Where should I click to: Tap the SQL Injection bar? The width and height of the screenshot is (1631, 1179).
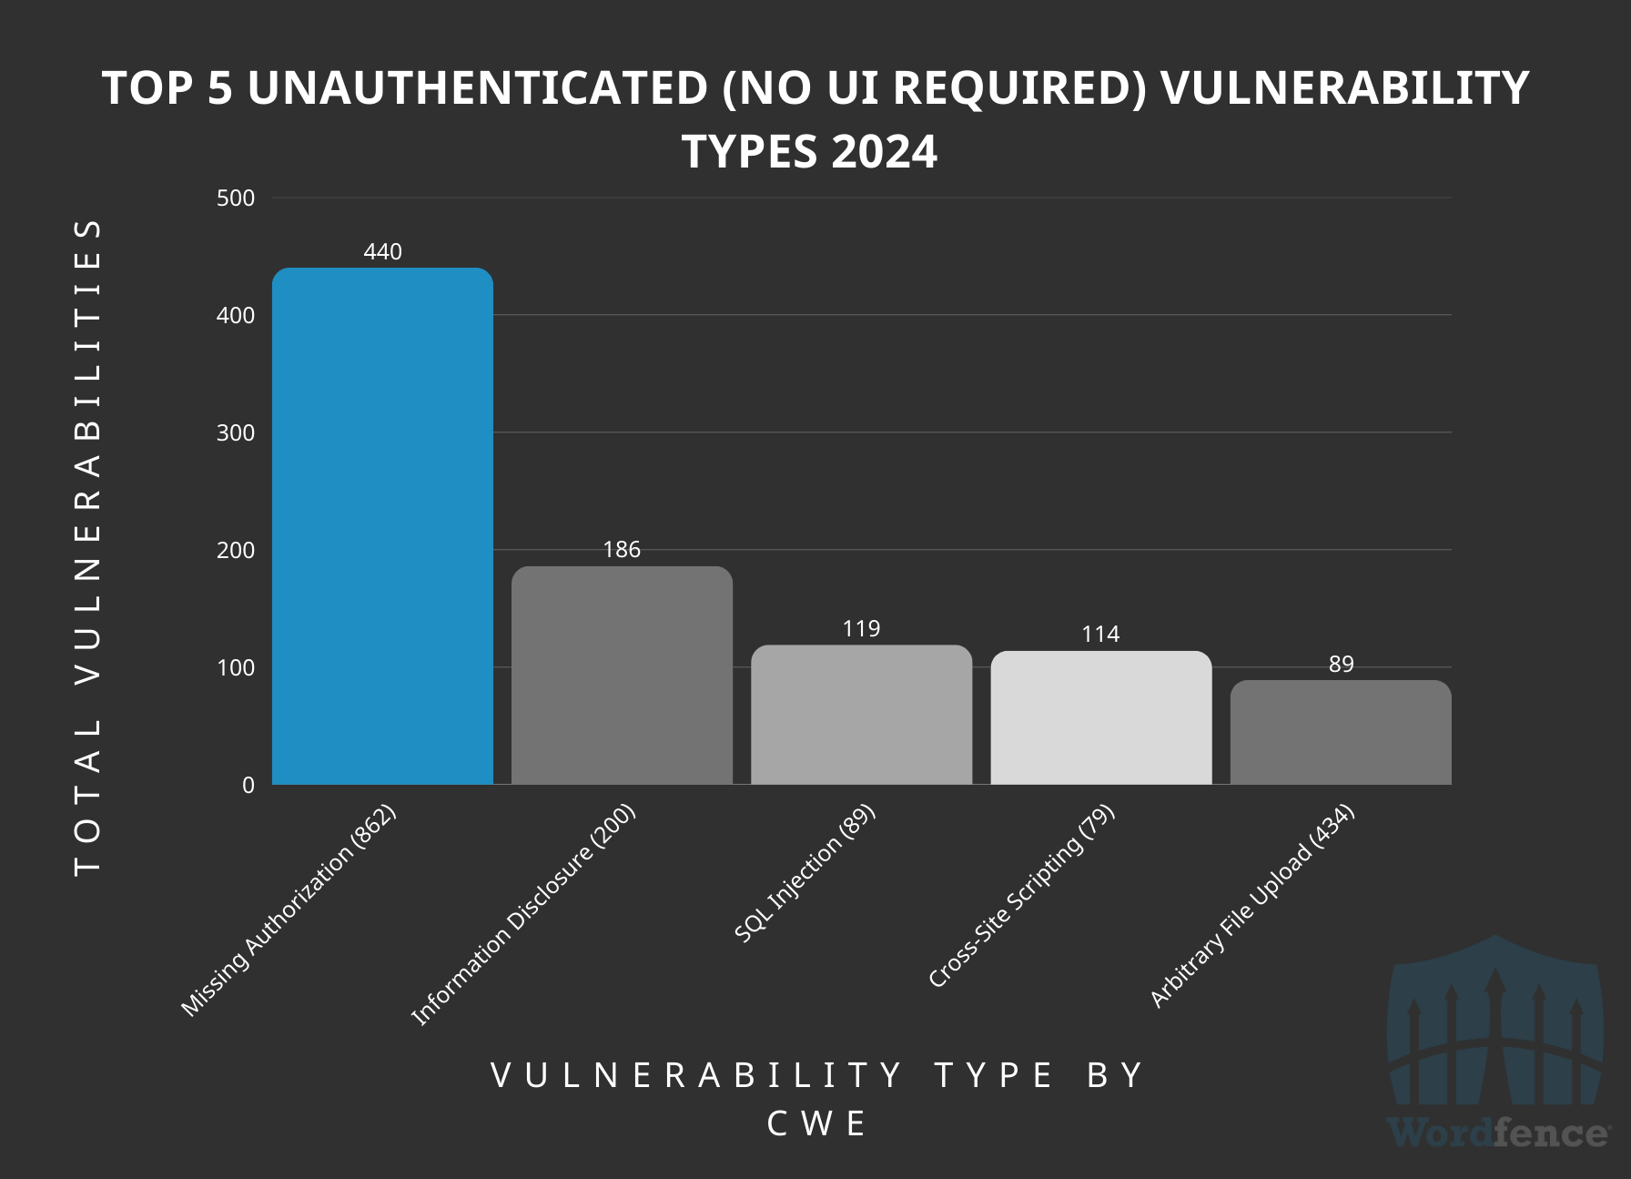click(x=861, y=715)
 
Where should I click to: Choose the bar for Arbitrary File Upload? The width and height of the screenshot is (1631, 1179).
click(x=1341, y=732)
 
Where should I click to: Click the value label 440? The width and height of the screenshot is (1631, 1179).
click(x=382, y=252)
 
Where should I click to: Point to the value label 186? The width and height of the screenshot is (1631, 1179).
click(x=622, y=550)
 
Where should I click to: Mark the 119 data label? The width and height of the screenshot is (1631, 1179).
click(x=861, y=629)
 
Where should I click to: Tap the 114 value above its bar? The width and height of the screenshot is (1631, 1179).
click(x=1100, y=635)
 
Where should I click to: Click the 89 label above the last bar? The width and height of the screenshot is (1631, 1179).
click(x=1341, y=665)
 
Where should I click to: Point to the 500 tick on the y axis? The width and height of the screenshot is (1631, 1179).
click(x=236, y=198)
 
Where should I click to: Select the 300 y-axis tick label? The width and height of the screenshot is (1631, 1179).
click(x=236, y=433)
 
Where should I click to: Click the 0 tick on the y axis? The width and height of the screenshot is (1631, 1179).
click(x=248, y=786)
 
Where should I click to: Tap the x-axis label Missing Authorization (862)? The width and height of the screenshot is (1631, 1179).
click(x=289, y=910)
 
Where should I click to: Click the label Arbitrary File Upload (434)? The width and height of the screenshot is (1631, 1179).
click(x=1252, y=907)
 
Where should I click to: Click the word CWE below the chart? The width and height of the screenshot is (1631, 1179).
click(x=817, y=1124)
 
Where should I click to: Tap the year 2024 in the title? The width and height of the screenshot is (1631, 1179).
click(x=883, y=152)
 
